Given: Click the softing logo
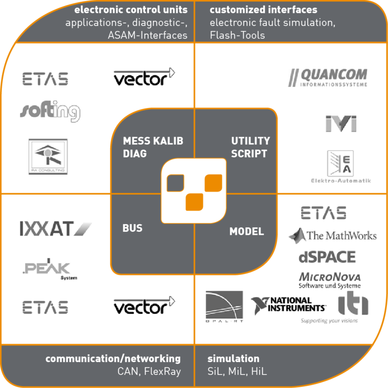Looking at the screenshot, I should click(x=51, y=111).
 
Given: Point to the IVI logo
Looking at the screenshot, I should click(x=341, y=124).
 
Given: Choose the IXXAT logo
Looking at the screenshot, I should click(x=55, y=228).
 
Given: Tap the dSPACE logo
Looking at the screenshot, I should click(x=327, y=257).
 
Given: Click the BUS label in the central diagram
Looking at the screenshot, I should click(x=132, y=228).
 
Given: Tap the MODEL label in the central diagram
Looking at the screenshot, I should click(x=246, y=231).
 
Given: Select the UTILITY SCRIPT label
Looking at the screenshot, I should click(x=250, y=147).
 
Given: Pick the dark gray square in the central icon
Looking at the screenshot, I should click(x=175, y=182).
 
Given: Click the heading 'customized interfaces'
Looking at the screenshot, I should click(x=263, y=10).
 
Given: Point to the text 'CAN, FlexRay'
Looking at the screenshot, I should click(x=148, y=371).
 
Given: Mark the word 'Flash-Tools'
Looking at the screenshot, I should click(x=237, y=35).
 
